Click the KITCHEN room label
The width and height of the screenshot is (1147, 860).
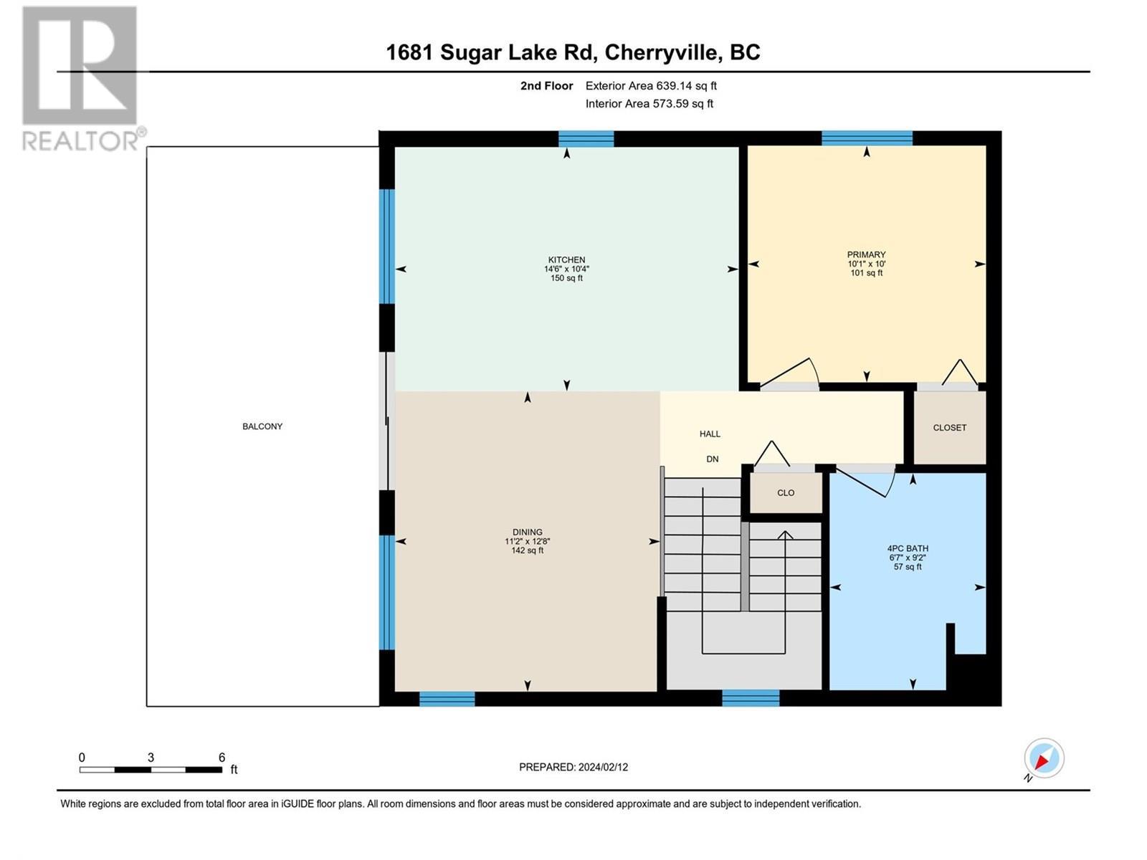tap(566, 260)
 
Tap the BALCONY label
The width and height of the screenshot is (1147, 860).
tap(262, 426)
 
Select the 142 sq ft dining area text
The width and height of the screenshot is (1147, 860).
tap(527, 550)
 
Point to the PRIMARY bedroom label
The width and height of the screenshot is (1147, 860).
tap(866, 254)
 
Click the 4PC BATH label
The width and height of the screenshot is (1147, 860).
tap(908, 548)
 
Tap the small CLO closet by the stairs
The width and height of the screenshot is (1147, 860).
tap(786, 493)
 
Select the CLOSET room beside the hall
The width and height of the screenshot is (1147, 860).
tap(949, 428)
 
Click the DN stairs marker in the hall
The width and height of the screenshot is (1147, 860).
tap(712, 459)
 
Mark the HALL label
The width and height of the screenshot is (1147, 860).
tap(710, 434)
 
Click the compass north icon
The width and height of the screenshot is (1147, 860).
tap(1044, 758)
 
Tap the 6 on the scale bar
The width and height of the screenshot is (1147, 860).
tap(222, 758)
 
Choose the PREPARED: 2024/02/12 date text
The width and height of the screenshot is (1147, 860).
tap(573, 767)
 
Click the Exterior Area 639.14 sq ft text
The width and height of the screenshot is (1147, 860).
tap(651, 86)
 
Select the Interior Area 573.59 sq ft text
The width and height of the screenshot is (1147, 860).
tap(649, 104)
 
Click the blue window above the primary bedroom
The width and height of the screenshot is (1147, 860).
tap(867, 138)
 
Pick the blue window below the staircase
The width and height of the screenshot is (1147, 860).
tap(750, 698)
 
